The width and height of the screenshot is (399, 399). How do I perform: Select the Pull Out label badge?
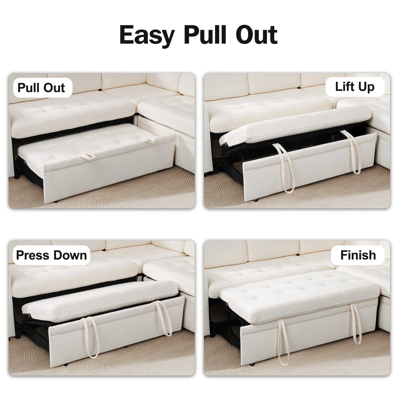41,88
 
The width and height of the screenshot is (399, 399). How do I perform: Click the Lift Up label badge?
355,87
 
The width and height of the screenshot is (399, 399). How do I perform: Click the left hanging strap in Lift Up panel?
283,171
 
